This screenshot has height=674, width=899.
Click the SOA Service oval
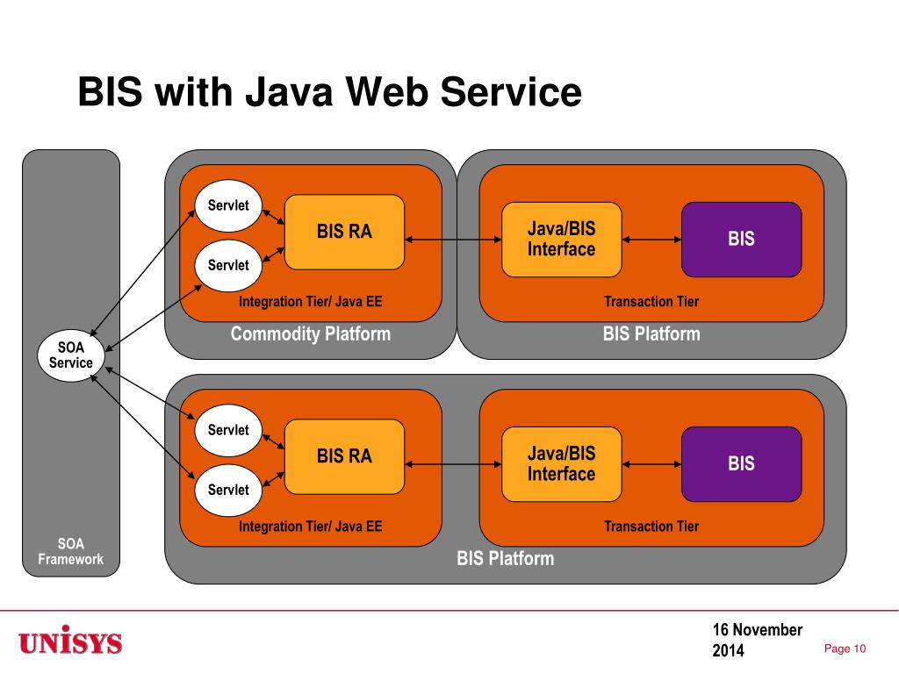71,355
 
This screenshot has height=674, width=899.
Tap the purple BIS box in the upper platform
741,240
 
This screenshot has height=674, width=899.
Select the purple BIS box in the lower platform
741,464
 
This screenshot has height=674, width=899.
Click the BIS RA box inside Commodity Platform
344,232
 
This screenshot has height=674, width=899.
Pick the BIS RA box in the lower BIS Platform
344,456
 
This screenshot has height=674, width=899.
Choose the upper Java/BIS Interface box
561,240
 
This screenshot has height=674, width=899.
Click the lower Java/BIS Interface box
561,464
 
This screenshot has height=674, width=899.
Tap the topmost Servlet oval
228,205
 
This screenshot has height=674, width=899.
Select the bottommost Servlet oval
228,490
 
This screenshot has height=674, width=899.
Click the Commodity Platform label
310,334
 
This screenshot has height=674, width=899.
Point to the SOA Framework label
71,551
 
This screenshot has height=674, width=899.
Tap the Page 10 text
845,649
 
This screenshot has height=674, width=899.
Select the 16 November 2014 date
758,640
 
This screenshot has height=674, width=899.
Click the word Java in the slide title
289,91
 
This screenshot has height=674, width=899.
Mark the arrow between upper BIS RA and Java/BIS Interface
453,240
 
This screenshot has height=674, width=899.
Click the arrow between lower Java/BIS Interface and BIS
652,464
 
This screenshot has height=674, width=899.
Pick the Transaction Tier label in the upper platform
651,302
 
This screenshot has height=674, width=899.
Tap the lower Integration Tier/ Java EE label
310,527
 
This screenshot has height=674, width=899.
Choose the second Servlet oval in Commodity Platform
228,265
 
